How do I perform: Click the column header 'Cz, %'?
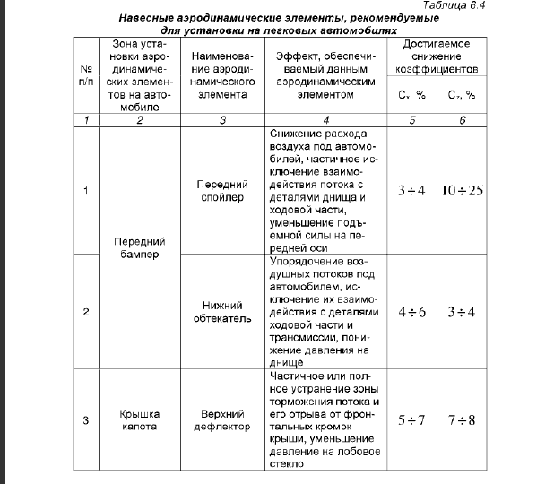tap(462, 94)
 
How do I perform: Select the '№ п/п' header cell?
tap(86, 74)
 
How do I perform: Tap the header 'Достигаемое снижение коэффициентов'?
tap(437, 56)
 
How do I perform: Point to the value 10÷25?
tap(462, 191)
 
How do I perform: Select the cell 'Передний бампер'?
tap(139, 247)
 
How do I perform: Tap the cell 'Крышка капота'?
tap(139, 420)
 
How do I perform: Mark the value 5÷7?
tap(412, 420)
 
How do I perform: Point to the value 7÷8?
tap(462, 420)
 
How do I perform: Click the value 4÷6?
tap(412, 313)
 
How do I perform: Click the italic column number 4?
tap(326, 119)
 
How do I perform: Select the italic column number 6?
tap(462, 119)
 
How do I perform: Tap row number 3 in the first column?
tap(86, 420)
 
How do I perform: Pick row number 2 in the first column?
tap(86, 313)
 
